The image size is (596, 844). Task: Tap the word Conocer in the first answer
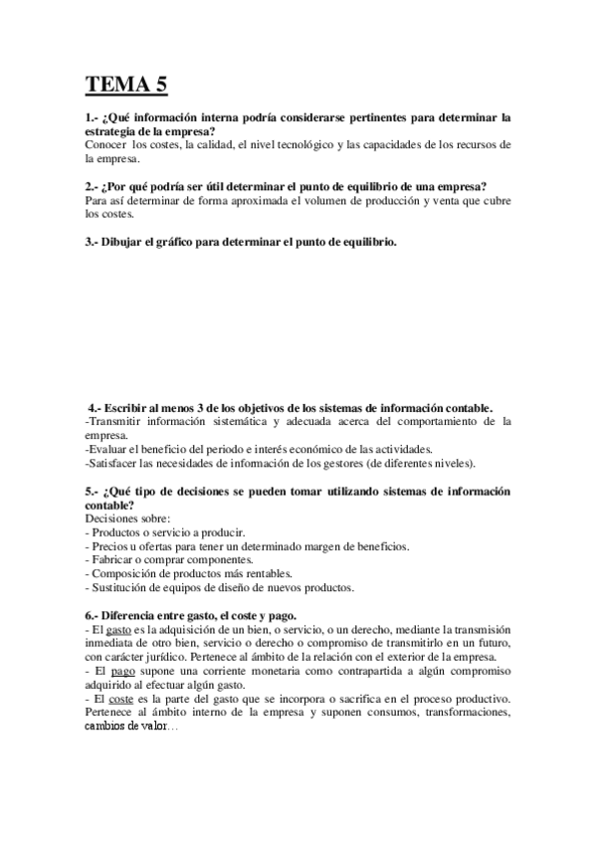click(105, 144)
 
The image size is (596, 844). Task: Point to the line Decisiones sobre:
click(127, 519)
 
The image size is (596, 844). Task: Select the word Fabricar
click(115, 560)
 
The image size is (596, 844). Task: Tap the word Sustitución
click(122, 587)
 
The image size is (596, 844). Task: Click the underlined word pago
click(124, 672)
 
